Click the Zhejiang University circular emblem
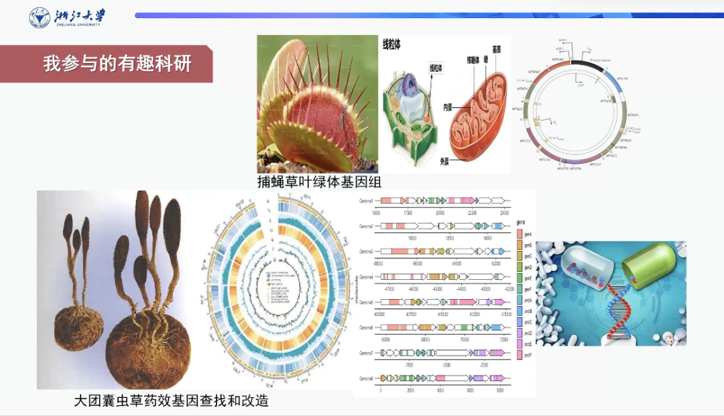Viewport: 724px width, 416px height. tap(40, 17)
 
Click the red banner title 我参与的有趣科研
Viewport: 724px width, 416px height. tap(117, 64)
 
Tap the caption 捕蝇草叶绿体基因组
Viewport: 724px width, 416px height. tap(319, 182)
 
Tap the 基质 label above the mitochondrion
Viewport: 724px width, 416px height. tap(497, 50)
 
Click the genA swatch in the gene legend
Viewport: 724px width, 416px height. tap(520, 233)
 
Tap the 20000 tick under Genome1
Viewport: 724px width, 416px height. tap(440, 212)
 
